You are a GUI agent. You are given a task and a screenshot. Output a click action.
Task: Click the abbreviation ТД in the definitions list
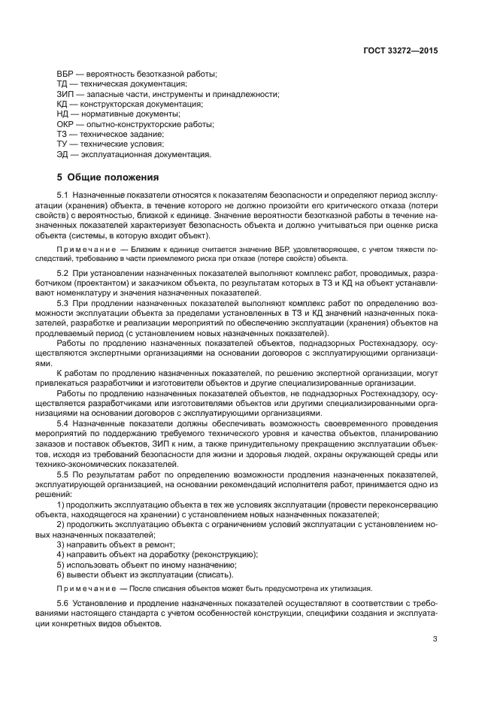click(x=62, y=84)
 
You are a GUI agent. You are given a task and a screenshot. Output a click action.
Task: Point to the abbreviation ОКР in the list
click(x=65, y=124)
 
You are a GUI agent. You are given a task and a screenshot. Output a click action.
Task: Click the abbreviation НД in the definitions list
click(x=62, y=114)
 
